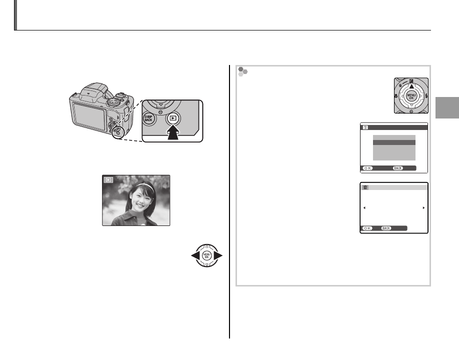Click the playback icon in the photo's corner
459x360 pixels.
(x=108, y=180)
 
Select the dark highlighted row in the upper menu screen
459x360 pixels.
(x=394, y=142)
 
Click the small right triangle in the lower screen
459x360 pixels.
(x=423, y=207)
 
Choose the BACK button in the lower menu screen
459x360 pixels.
(x=386, y=227)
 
